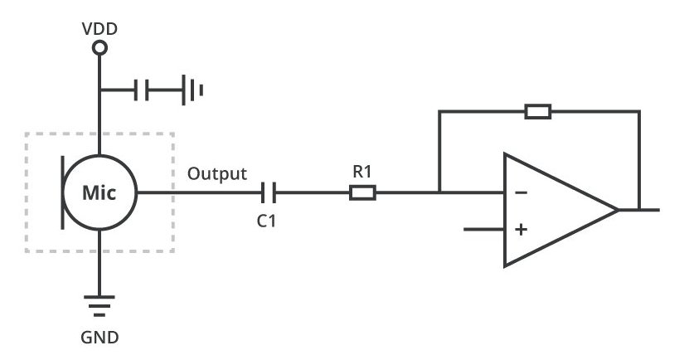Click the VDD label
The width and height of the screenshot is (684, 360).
tap(99, 29)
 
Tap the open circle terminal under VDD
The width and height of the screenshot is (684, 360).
tap(99, 49)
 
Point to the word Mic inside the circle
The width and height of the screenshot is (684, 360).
tap(99, 193)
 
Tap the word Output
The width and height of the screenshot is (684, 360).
tap(216, 173)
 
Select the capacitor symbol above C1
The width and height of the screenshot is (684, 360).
tap(267, 193)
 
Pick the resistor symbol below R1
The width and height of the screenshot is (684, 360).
tap(362, 193)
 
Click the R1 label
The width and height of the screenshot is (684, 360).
tap(363, 173)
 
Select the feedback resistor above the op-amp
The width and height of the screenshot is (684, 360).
tap(538, 111)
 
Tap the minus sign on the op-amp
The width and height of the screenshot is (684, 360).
tap(521, 193)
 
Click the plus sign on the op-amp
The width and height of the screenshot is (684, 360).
tap(521, 229)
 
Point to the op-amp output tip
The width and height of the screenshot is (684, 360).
tap(618, 210)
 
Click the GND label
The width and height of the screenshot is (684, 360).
tap(100, 338)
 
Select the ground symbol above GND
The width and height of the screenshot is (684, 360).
tap(99, 307)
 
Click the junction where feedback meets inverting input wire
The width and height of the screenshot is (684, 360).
tap(439, 193)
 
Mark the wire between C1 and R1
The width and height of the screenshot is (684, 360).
tap(312, 193)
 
